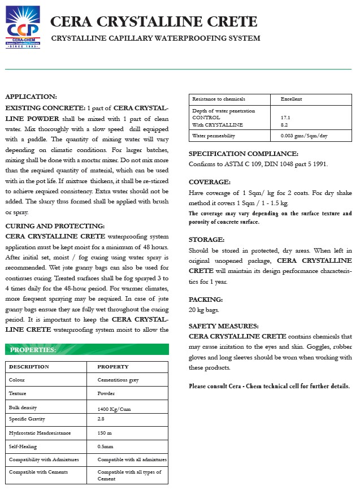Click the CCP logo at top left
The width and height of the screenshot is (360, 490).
(23, 29)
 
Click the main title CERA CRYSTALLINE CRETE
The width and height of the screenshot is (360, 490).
(154, 22)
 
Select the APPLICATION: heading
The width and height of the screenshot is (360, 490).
(31, 97)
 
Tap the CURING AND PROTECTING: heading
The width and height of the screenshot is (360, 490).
(55, 226)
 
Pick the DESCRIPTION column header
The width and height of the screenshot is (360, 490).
(29, 367)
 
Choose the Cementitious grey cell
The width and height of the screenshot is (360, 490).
(118, 380)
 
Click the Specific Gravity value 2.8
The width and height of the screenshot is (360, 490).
(101, 419)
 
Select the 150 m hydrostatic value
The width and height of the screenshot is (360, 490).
(105, 432)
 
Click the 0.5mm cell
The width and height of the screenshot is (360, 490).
(105, 446)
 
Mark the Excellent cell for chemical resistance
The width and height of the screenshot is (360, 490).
(291, 99)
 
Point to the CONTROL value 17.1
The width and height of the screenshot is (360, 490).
(285, 118)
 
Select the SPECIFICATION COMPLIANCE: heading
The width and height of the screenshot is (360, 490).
(243, 154)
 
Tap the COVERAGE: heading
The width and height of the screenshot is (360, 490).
(210, 182)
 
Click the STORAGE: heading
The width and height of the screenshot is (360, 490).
(207, 240)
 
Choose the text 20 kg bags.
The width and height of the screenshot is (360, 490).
(205, 310)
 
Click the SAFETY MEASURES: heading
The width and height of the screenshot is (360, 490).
(224, 326)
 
